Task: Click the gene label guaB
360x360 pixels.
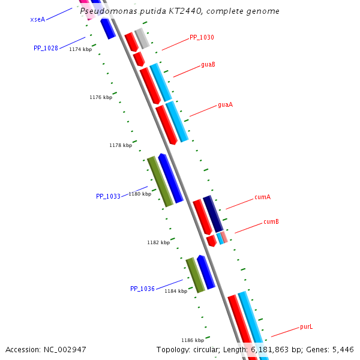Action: click(208, 64)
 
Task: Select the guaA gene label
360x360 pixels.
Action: click(225, 104)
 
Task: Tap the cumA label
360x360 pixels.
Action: click(262, 197)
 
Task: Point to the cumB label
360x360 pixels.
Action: click(271, 222)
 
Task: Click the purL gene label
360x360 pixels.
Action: click(307, 327)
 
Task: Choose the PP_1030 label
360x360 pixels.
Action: click(202, 37)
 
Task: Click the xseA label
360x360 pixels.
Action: click(37, 19)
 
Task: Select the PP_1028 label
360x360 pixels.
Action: click(46, 48)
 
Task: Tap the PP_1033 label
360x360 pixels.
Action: click(108, 196)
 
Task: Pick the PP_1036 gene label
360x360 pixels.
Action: click(142, 289)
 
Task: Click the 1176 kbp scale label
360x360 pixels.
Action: click(101, 97)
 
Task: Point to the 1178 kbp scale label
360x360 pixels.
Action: click(121, 145)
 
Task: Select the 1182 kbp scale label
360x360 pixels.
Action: click(158, 242)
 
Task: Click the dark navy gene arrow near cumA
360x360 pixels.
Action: click(213, 214)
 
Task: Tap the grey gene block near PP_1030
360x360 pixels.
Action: click(142, 38)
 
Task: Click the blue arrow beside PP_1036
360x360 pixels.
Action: click(206, 272)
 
